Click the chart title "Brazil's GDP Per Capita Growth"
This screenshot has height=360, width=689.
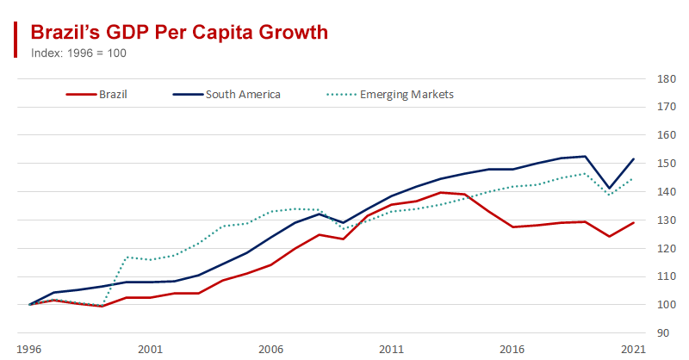[x=179, y=32]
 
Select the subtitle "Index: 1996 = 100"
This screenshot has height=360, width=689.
[x=79, y=53]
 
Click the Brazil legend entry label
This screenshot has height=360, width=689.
[x=113, y=95]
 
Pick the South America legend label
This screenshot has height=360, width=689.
[x=243, y=95]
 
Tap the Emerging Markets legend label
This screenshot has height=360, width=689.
[x=408, y=95]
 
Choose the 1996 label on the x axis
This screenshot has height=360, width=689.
[x=30, y=350]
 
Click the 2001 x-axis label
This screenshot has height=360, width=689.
[x=151, y=350]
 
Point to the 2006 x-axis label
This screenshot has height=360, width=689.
[x=271, y=350]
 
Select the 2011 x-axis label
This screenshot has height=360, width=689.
[x=392, y=350]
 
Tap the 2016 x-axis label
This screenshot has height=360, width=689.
[x=512, y=350]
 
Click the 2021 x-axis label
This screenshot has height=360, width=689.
[x=633, y=350]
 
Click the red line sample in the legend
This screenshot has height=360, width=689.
[x=80, y=95]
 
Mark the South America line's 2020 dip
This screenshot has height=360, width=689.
[x=610, y=188]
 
